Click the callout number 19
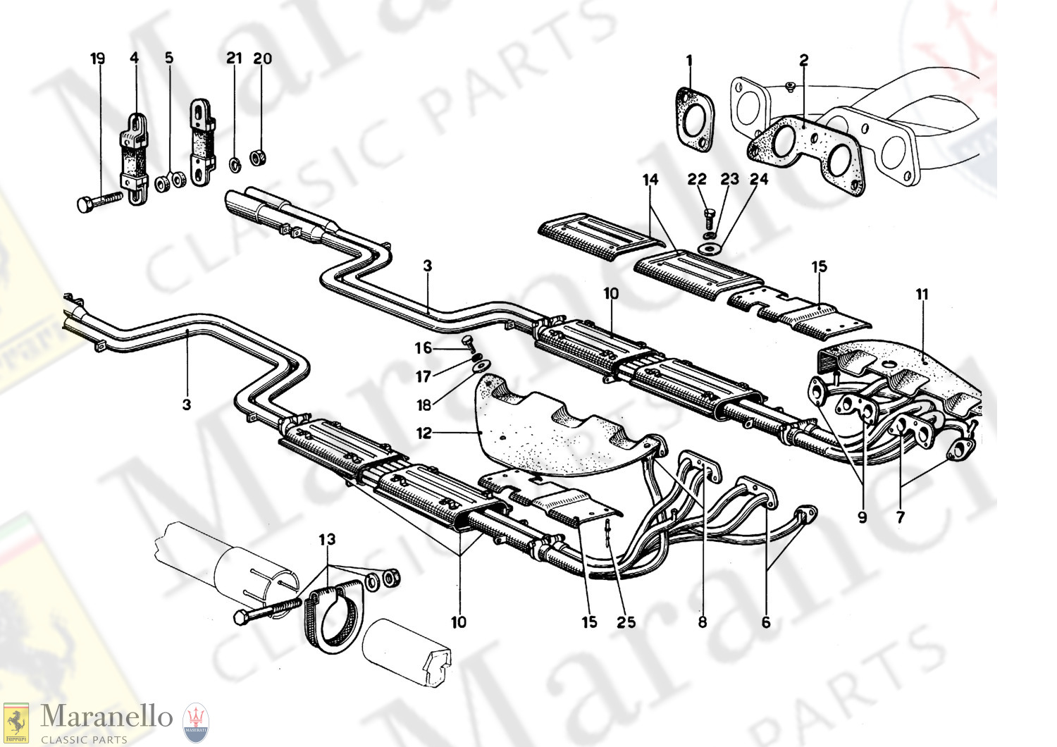pos(97,58)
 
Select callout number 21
pos(234,58)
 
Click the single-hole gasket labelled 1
pos(695,120)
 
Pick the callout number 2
pos(804,61)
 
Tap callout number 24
pos(758,180)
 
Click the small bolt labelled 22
pos(710,213)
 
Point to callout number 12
pos(424,433)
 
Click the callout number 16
pos(423,347)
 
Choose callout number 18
pos(423,405)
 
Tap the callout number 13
pos(327,540)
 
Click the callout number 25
pos(626,622)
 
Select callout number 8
pos(702,622)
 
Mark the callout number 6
pos(766,622)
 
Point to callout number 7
pos(900,517)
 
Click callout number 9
pos(862,517)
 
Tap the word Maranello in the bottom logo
pos(106,717)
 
